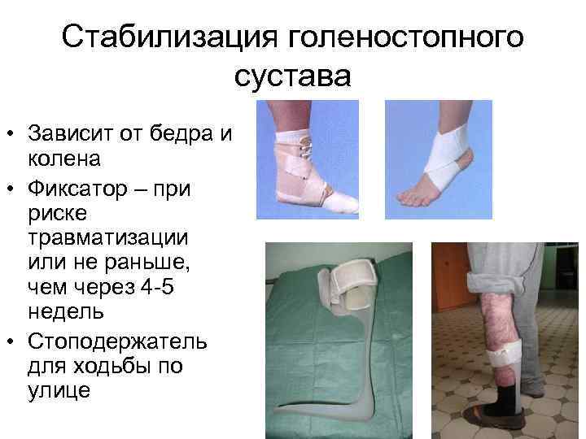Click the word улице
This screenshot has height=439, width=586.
(x=59, y=390)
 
